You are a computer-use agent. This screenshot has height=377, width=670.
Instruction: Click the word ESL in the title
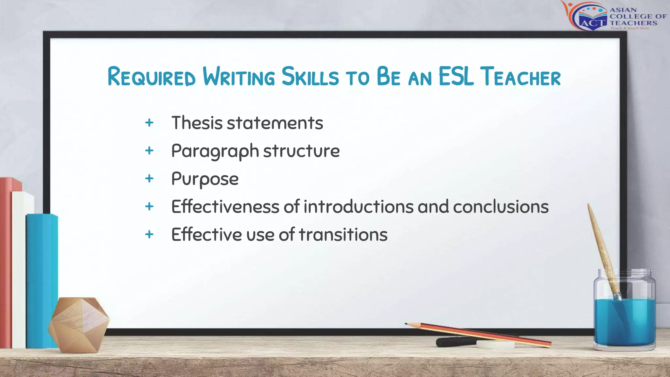click(x=456, y=77)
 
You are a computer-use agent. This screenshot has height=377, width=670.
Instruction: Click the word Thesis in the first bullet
click(x=197, y=123)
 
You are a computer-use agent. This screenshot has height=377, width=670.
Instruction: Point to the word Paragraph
click(x=215, y=151)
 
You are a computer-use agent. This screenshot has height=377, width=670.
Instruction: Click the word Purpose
click(x=205, y=179)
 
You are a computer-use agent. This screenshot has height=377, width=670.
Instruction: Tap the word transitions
click(x=343, y=235)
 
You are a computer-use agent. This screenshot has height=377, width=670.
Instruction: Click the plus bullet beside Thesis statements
click(x=149, y=123)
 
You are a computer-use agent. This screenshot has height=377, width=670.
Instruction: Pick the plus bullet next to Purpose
click(x=149, y=179)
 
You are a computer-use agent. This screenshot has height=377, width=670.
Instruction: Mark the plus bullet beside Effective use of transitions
click(x=149, y=234)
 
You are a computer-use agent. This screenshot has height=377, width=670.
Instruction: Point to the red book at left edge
click(x=6, y=262)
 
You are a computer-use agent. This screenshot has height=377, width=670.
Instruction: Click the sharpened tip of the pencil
click(x=407, y=324)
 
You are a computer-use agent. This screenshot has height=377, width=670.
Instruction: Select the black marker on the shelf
click(x=455, y=342)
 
